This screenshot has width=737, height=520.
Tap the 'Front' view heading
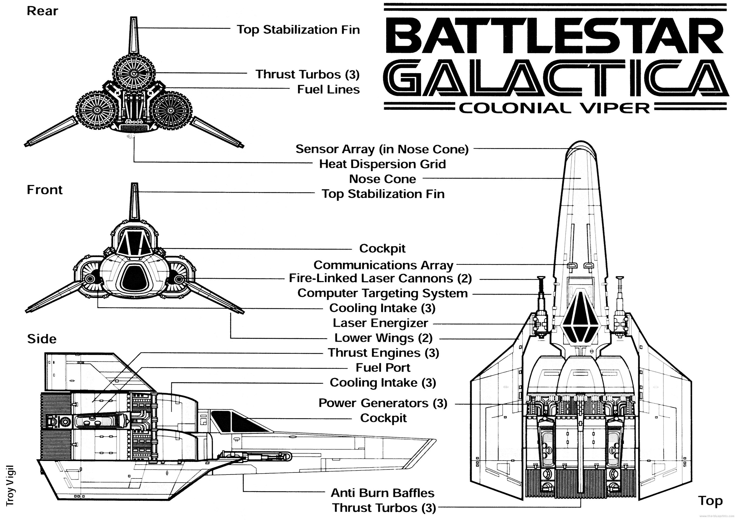(x=45, y=190)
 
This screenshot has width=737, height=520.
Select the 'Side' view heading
(x=42, y=339)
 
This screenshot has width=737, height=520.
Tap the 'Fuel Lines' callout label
(x=328, y=89)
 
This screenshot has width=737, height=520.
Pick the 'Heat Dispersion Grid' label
(x=382, y=164)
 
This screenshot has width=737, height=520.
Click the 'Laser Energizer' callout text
(x=380, y=323)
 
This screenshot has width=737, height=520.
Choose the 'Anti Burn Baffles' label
(x=382, y=493)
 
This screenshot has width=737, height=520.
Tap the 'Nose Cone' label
(x=382, y=179)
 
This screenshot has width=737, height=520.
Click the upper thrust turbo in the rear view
(x=134, y=74)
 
